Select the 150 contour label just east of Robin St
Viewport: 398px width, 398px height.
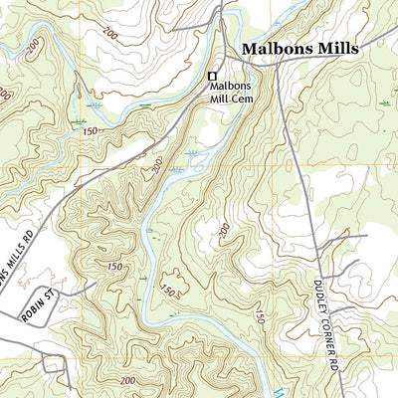pyautogui.click(x=112, y=269)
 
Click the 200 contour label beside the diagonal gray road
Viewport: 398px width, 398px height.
pyautogui.click(x=157, y=166)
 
